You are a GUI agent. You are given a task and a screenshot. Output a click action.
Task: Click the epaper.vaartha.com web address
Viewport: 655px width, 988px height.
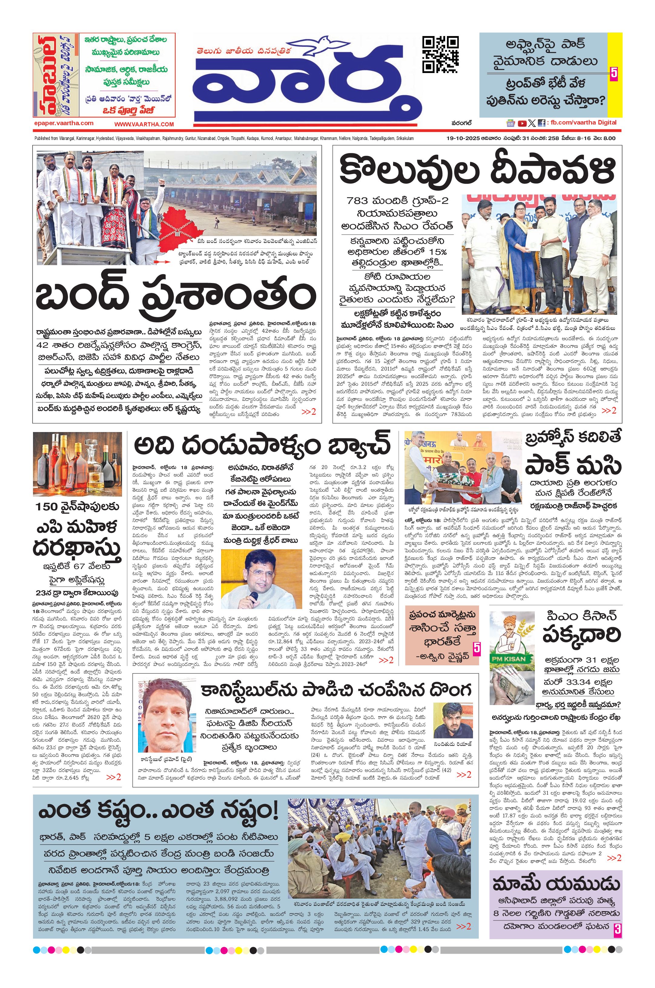(x=64, y=123)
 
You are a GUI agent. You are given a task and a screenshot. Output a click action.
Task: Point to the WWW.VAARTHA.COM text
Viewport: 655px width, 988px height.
(x=144, y=124)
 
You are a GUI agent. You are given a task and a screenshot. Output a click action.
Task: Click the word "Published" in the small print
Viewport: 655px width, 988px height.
(x=42, y=138)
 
